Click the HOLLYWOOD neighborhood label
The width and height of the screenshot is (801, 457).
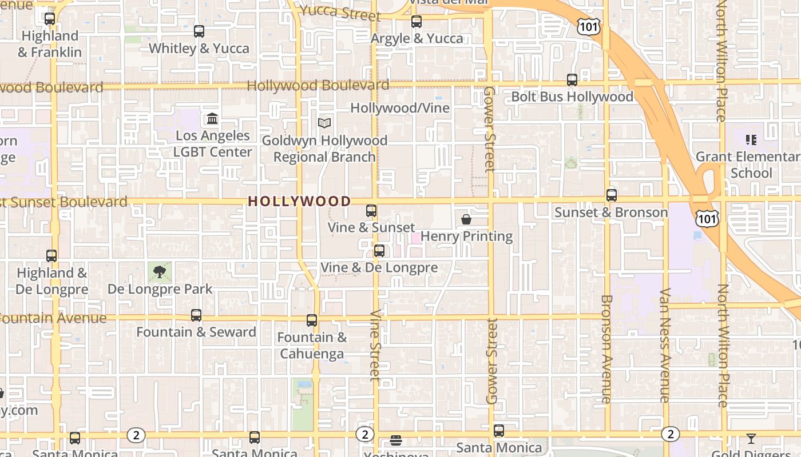click(299, 201)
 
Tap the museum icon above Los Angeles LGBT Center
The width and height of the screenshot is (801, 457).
click(212, 119)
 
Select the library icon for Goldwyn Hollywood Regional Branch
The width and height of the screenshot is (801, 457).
click(324, 123)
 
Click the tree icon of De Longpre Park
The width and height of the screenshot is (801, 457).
click(160, 271)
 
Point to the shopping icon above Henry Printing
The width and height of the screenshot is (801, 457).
click(466, 219)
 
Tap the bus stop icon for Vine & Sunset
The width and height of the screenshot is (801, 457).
click(371, 211)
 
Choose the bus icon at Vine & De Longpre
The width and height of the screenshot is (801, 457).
click(379, 251)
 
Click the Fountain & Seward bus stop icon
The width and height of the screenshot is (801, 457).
click(196, 315)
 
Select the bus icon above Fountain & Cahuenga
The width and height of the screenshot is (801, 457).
click(312, 320)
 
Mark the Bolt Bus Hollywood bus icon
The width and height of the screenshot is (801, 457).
click(572, 80)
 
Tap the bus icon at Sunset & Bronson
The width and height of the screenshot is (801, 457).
click(612, 195)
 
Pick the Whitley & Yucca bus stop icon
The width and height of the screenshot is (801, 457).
click(199, 31)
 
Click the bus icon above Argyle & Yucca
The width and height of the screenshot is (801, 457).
click(417, 22)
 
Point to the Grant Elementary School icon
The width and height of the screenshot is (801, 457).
click(751, 140)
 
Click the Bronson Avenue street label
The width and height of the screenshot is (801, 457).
click(606, 348)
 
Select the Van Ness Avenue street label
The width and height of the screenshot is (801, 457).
click(664, 345)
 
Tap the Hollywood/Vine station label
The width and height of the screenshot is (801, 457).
click(400, 108)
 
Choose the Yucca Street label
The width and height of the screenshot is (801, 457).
click(340, 12)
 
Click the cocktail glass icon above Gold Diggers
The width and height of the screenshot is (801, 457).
click(751, 439)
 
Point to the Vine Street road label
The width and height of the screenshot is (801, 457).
click(375, 345)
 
